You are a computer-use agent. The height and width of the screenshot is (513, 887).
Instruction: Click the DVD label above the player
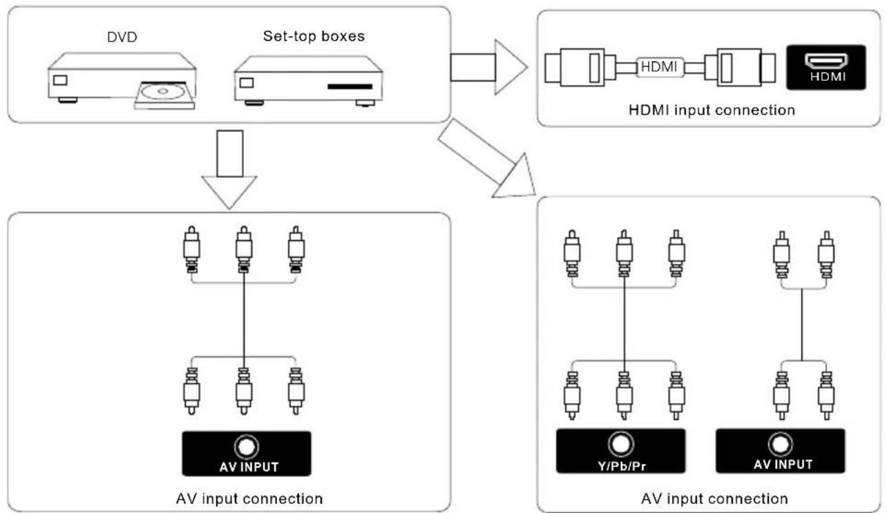(122, 37)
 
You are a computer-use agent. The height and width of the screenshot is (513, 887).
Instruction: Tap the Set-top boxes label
(314, 36)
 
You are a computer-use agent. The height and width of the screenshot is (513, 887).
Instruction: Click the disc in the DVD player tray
(163, 91)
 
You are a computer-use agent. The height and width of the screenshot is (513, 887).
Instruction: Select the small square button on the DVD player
(60, 80)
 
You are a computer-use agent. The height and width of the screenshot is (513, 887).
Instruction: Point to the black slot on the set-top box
(350, 86)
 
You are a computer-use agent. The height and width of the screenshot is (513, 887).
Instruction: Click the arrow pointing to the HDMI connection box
(488, 67)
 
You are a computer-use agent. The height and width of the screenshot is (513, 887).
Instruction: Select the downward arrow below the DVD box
(229, 169)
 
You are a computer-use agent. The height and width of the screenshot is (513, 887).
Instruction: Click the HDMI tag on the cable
(660, 66)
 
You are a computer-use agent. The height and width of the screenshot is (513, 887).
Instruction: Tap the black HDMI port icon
(826, 67)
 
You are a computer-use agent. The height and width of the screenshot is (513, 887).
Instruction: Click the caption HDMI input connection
(712, 110)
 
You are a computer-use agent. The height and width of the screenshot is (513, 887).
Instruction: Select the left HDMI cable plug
(580, 67)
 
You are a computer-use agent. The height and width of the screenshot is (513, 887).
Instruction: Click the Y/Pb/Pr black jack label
(620, 451)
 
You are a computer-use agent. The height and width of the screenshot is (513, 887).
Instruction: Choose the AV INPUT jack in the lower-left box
(247, 453)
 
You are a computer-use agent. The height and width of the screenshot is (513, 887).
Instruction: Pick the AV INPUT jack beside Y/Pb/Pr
(780, 451)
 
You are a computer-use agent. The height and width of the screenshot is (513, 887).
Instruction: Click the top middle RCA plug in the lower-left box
(244, 249)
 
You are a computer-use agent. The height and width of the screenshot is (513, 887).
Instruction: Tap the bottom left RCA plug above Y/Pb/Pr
(572, 395)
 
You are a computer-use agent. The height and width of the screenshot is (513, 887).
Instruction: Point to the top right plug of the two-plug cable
(826, 255)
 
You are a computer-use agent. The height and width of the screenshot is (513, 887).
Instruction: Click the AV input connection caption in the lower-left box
(249, 499)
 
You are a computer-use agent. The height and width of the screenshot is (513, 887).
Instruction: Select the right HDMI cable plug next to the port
(740, 67)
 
